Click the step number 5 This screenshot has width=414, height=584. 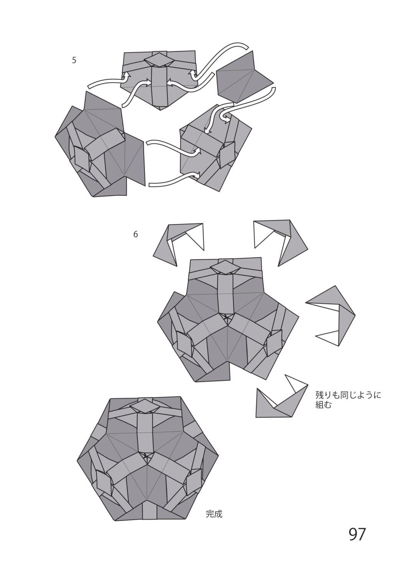[x=74, y=60]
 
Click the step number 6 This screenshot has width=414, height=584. [x=136, y=234]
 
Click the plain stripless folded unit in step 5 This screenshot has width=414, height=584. [x=245, y=77]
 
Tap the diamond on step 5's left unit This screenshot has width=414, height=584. [x=82, y=159]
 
